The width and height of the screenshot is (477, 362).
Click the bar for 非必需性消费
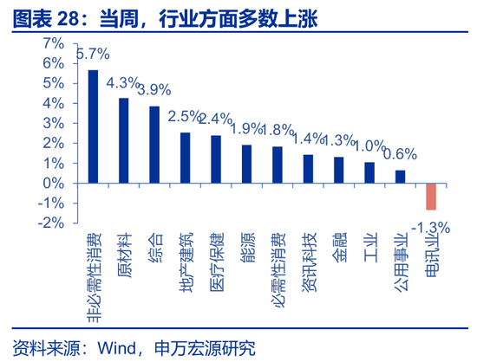[x=93, y=126]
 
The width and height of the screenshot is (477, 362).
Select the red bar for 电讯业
[x=430, y=197]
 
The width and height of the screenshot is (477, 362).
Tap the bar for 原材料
[x=124, y=140]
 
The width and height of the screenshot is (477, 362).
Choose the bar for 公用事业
[x=400, y=177]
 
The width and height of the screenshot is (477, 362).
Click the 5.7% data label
[x=93, y=55]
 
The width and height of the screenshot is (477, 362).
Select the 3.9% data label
[x=154, y=89]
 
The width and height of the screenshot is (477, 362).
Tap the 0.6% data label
[x=400, y=154]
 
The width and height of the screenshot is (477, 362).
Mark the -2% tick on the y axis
[x=50, y=223]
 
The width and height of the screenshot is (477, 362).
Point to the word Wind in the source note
[x=114, y=348]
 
